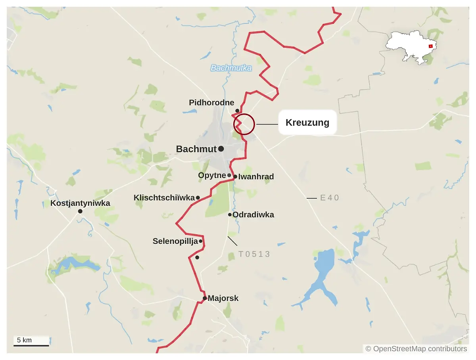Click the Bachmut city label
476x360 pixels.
click(x=196, y=149)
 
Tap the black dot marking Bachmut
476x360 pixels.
click(x=221, y=149)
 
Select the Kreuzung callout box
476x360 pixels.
click(x=307, y=123)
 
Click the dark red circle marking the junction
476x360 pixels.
click(x=244, y=124)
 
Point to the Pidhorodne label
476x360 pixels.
click(x=211, y=103)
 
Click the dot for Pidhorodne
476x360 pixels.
click(x=237, y=111)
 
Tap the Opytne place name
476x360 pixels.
click(x=212, y=175)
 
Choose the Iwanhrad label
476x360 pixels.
click(x=256, y=177)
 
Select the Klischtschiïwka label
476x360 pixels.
click(x=164, y=197)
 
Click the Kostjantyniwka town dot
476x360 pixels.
click(x=80, y=211)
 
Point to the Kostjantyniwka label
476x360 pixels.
click(x=80, y=203)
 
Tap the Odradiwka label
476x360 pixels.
click(x=253, y=215)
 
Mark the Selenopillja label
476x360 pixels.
click(x=175, y=241)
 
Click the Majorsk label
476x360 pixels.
click(x=223, y=298)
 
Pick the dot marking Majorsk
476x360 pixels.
click(x=205, y=298)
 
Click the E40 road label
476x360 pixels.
click(x=330, y=197)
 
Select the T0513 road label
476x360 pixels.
click(x=254, y=254)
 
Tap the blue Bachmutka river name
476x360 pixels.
click(x=231, y=68)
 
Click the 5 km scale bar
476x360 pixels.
click(x=31, y=345)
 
